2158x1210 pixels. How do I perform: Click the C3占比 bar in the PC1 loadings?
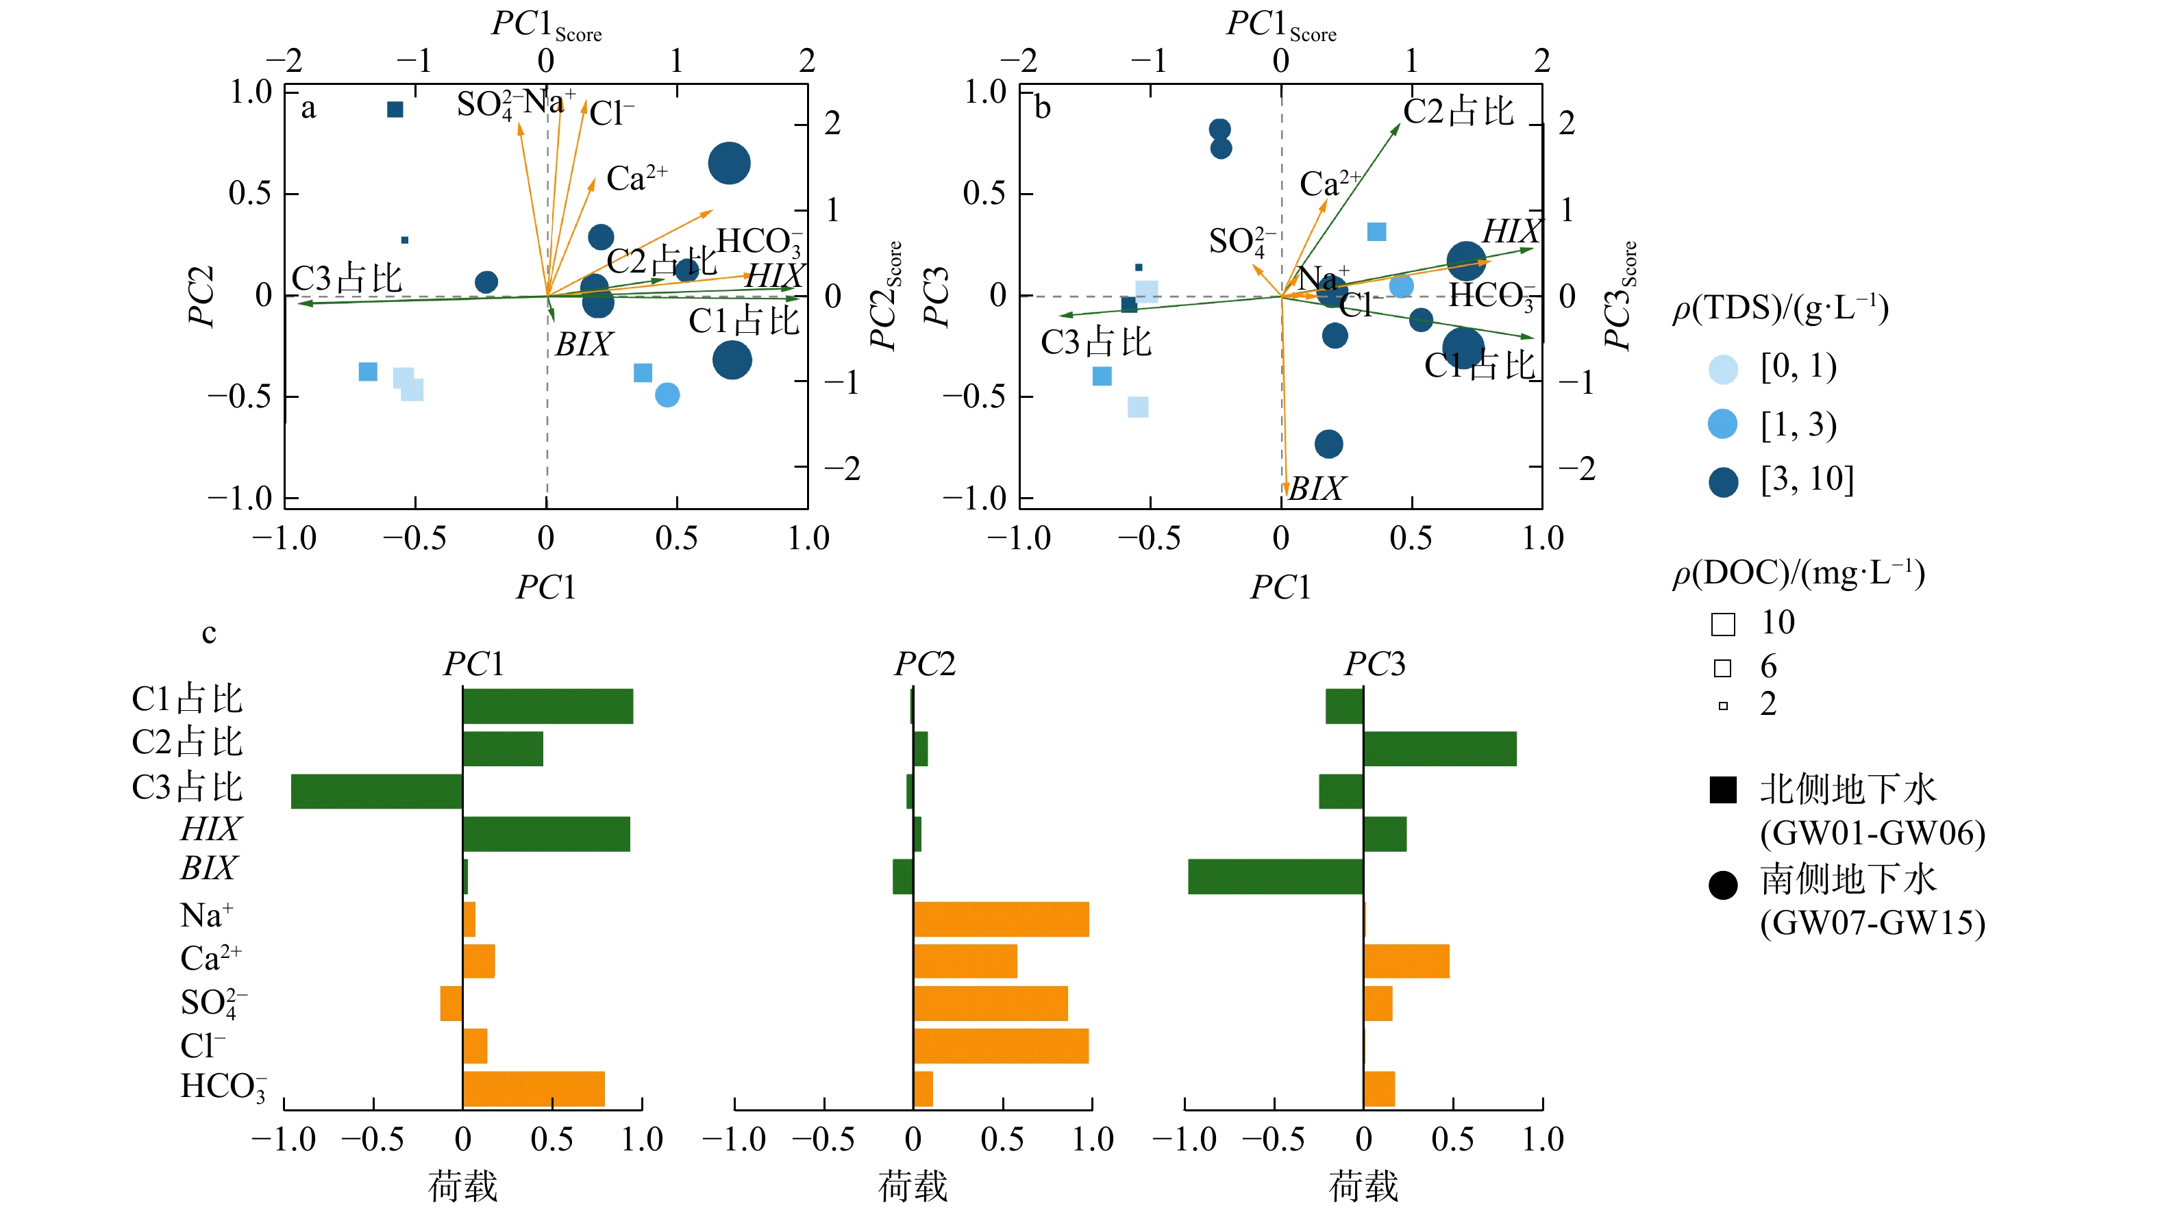tap(377, 792)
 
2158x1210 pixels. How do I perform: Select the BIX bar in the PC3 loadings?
tap(1275, 876)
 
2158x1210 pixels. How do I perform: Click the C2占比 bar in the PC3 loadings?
tap(1439, 748)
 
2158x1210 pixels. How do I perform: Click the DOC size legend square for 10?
tap(1722, 624)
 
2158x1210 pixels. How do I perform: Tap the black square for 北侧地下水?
tap(1722, 790)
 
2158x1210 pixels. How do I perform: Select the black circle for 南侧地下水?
tap(1722, 884)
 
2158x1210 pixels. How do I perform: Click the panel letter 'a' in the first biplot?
tap(308, 108)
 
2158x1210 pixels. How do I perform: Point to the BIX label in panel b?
tap(1316, 488)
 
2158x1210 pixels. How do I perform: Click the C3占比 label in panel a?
tap(346, 278)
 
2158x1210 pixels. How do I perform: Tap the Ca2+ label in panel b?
tap(1330, 184)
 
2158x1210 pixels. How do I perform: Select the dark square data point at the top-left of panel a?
tap(395, 110)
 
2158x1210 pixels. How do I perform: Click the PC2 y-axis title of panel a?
tap(201, 297)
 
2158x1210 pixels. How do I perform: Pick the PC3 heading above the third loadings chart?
tap(1375, 664)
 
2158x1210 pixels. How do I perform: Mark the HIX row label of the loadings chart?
tap(210, 829)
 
